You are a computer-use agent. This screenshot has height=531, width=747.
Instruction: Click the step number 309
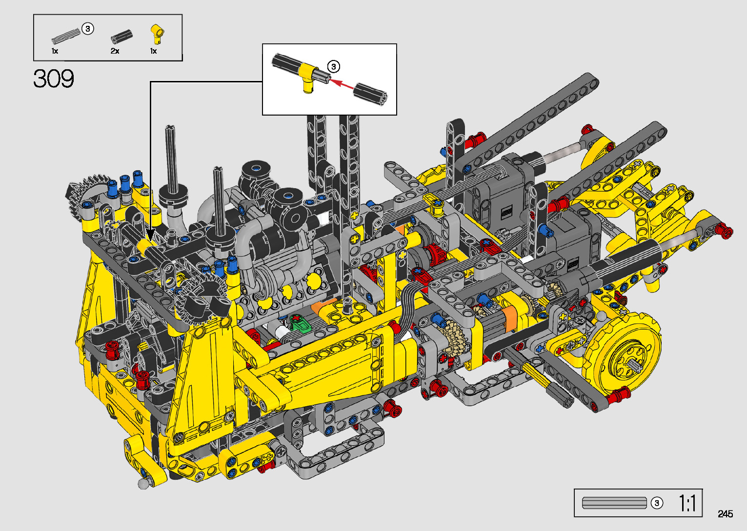point(53,79)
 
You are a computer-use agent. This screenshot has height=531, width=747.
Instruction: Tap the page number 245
point(726,513)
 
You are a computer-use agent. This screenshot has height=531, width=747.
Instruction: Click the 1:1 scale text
point(687,503)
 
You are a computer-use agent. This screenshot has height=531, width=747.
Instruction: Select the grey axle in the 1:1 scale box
point(614,503)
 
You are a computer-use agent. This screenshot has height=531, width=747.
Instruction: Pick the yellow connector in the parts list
point(157,33)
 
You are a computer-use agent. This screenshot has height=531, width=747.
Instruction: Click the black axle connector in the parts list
point(121,37)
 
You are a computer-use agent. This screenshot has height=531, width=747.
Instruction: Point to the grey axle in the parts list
point(66,37)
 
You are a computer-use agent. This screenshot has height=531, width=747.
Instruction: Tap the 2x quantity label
point(115,51)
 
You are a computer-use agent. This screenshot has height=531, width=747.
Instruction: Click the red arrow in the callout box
point(342,83)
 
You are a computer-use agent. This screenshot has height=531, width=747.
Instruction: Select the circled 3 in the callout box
point(333,67)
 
